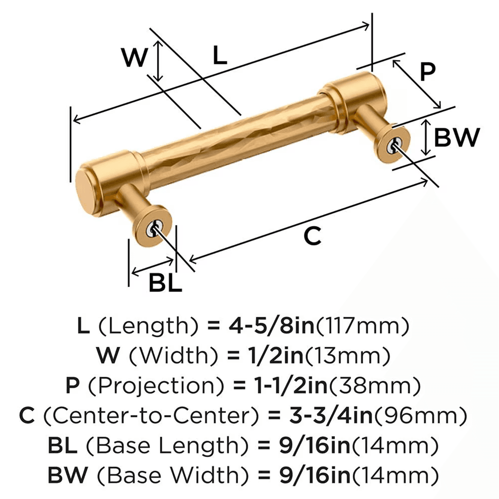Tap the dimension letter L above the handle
pos(220,55)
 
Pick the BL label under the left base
pos(165,284)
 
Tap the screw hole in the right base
pos(394,145)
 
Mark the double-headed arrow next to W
pos(158,61)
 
